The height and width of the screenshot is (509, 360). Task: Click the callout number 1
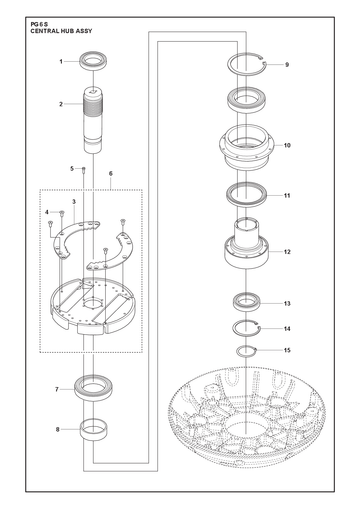[61, 62]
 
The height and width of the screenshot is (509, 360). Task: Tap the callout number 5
[72, 169]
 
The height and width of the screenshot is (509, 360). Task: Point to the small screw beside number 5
[84, 170]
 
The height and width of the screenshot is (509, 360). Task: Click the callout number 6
[111, 174]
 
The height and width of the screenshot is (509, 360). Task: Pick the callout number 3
[74, 202]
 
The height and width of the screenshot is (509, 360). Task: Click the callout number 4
[47, 212]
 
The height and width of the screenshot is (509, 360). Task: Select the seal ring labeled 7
[95, 387]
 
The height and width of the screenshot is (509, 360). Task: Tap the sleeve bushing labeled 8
[94, 430]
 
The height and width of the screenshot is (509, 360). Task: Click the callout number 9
[287, 65]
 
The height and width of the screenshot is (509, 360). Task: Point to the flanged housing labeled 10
[246, 147]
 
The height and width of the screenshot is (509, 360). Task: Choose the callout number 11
[287, 196]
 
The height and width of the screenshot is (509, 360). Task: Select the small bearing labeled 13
[246, 302]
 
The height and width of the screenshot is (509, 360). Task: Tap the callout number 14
[287, 329]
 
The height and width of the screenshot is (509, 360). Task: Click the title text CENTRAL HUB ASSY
[61, 31]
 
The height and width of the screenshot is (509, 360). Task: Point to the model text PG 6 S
[39, 24]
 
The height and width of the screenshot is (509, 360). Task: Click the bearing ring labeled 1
[94, 61]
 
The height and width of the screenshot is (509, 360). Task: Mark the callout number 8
[58, 430]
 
